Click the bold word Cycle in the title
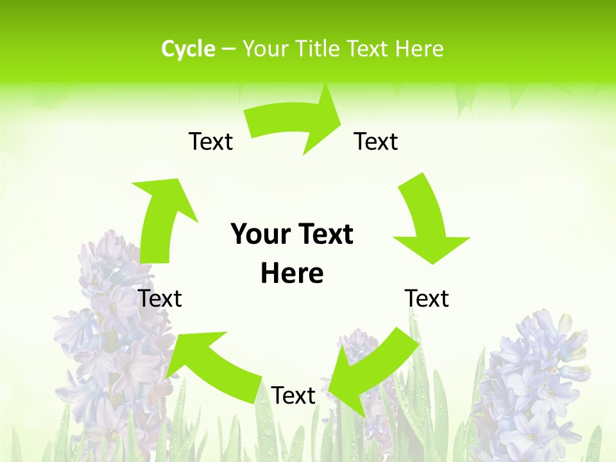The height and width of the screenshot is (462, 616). pyautogui.click(x=188, y=49)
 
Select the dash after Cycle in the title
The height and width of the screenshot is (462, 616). pyautogui.click(x=228, y=49)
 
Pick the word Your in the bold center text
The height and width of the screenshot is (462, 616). pyautogui.click(x=259, y=235)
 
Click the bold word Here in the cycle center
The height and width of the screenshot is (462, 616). pyautogui.click(x=292, y=274)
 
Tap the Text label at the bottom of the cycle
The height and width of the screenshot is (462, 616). pyautogui.click(x=293, y=396)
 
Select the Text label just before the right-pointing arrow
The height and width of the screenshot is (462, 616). pyautogui.click(x=210, y=142)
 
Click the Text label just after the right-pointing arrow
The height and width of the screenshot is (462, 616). pyautogui.click(x=376, y=142)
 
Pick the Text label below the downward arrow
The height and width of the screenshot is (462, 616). pyautogui.click(x=427, y=299)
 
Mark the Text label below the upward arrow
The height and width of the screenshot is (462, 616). pyautogui.click(x=160, y=299)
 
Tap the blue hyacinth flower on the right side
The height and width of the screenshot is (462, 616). pyautogui.click(x=533, y=379)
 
